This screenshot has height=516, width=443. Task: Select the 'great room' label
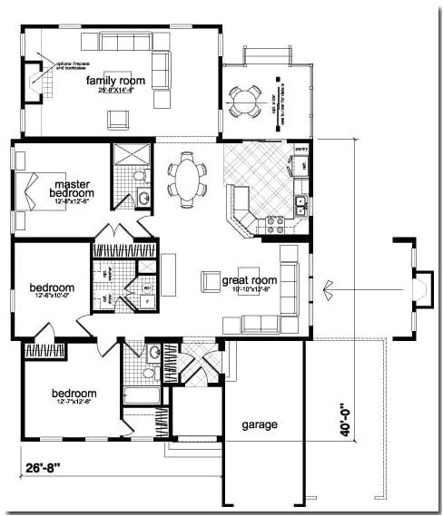point(249,280)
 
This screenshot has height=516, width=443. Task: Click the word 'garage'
point(260,424)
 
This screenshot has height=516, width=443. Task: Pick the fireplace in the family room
point(37,79)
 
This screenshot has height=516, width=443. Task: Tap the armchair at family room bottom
point(116,119)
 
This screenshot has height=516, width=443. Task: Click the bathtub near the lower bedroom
point(141,394)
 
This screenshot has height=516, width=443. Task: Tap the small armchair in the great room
point(210,281)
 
